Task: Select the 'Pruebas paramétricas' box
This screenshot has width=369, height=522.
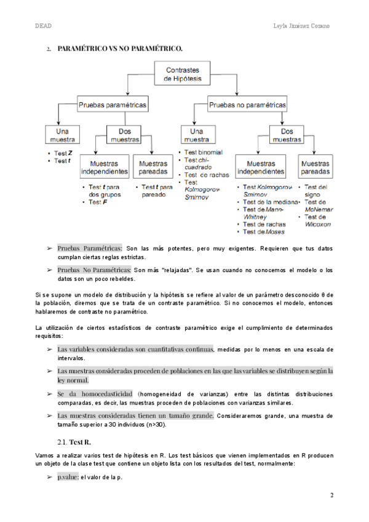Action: tap(113, 105)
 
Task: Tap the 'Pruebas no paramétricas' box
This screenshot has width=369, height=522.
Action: tap(248, 105)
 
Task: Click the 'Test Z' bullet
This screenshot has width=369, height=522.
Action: tap(63, 153)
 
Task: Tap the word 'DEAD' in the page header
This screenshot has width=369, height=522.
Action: tap(43, 26)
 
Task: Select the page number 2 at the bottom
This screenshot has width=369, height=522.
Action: tap(331, 495)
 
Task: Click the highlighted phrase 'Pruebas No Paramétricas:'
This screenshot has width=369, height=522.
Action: tap(94, 270)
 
